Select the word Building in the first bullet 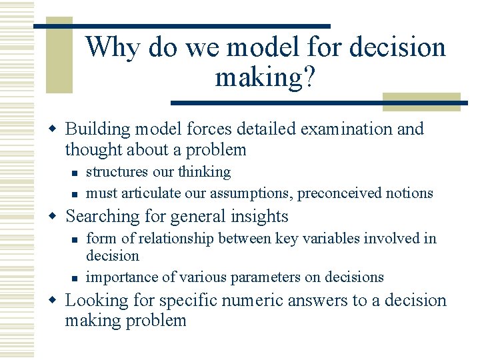pyautogui.click(x=93, y=129)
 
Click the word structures pyautogui.click(x=117, y=172)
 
